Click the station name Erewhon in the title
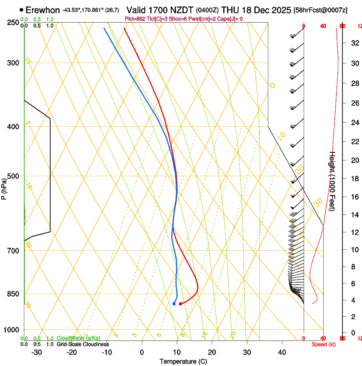pyautogui.click(x=43, y=10)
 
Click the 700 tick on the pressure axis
pyautogui.click(x=13, y=250)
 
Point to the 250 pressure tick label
pyautogui.click(x=13, y=22)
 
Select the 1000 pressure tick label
pyautogui.click(x=11, y=329)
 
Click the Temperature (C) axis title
pyautogui.click(x=183, y=361)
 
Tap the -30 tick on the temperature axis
pyautogui.click(x=37, y=352)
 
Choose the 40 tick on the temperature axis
pyautogui.click(x=282, y=352)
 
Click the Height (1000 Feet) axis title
pyautogui.click(x=333, y=180)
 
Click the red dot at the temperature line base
pyautogui.click(x=181, y=303)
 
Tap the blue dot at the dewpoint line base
pyautogui.click(x=174, y=303)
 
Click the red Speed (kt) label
pyautogui.click(x=324, y=344)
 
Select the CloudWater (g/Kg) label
pyautogui.click(x=78, y=338)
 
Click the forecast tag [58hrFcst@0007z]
pyautogui.click(x=320, y=10)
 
